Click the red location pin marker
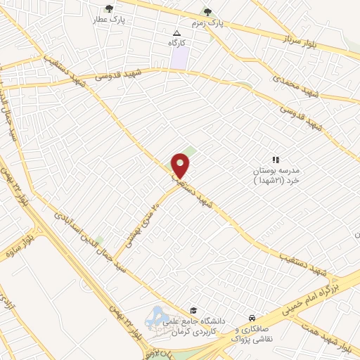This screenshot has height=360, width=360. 181,165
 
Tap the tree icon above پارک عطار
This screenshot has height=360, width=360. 108,8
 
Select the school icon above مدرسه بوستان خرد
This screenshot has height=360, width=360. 276,160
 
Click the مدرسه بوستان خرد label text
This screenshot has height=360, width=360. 276,176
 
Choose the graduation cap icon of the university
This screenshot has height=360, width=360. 193,310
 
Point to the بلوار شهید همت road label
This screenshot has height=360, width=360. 337,335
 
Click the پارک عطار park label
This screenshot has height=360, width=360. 108,20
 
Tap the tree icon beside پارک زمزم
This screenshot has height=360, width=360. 207,11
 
